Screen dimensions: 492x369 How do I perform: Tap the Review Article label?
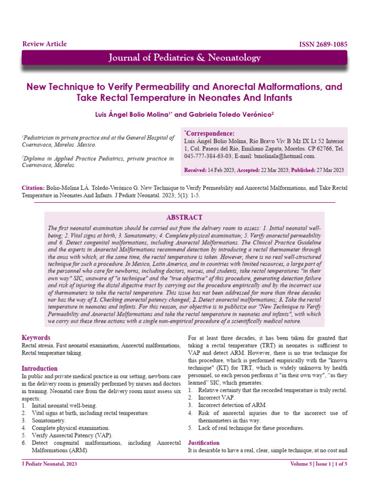pos(45,44)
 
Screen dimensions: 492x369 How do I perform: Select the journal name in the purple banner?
pos(184,58)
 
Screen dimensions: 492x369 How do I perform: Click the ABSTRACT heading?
pos(184,217)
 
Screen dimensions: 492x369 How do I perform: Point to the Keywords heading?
pos(36,338)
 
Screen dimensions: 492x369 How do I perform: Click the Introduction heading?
pos(40,369)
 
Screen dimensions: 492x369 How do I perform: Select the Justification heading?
pos(204,443)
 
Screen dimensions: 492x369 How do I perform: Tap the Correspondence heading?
pos(210,133)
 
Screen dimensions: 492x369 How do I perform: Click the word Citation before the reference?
pos(34,188)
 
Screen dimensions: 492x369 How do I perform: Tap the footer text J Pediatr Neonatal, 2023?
pos(50,464)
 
